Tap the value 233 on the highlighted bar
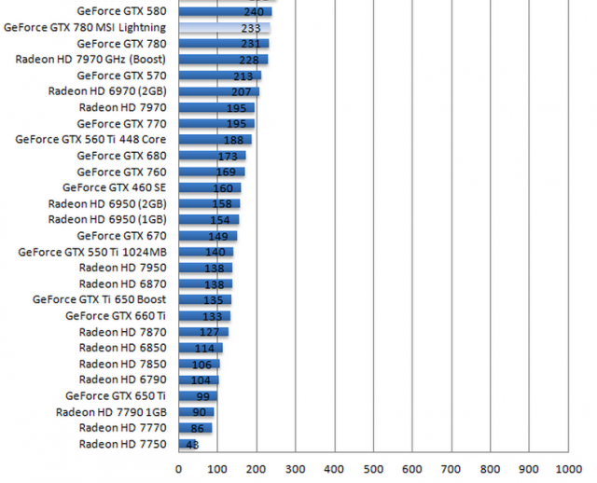point(249,28)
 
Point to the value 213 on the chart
point(244,76)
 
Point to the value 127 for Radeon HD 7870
point(209,332)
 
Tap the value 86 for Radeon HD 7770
point(197,428)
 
